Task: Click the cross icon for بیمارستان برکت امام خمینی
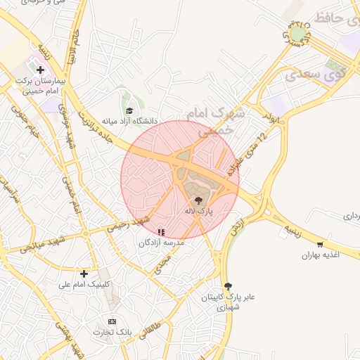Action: [40, 70]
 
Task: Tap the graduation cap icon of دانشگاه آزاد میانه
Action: [129, 110]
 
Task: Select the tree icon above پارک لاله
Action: [198, 200]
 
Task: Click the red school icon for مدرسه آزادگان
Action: [161, 231]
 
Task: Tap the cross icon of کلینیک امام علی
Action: [84, 273]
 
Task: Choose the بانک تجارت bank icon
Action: [112, 321]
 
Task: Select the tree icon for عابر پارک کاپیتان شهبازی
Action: [227, 285]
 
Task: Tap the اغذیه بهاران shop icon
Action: [321, 244]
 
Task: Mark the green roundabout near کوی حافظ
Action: [298, 33]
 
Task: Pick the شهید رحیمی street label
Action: [128, 224]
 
